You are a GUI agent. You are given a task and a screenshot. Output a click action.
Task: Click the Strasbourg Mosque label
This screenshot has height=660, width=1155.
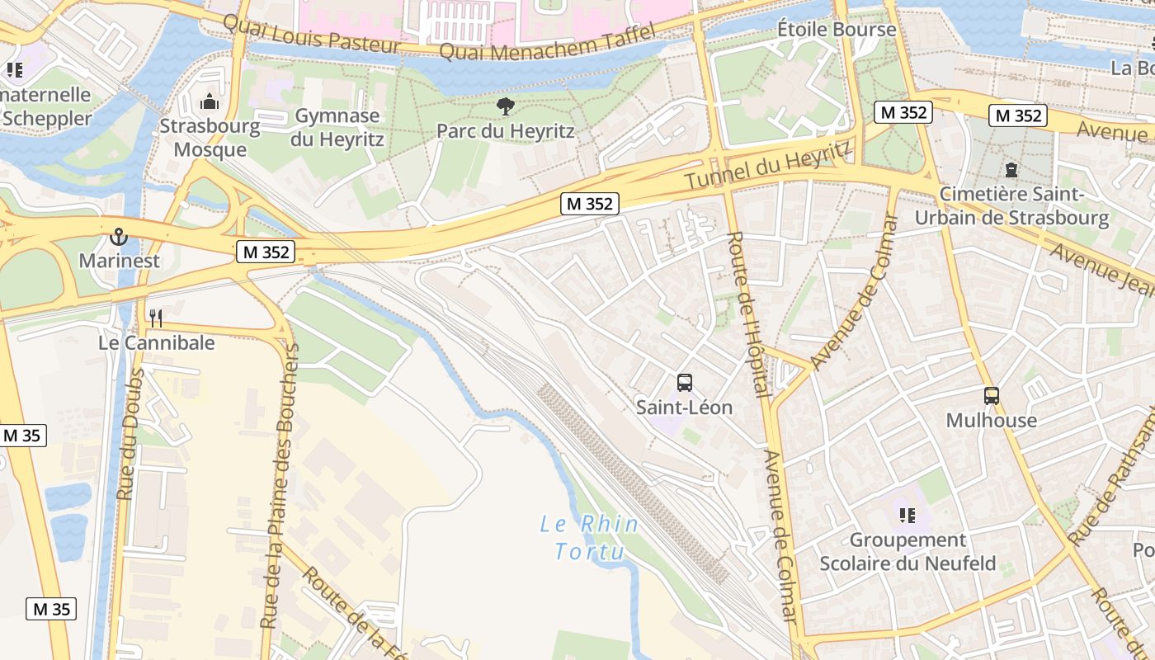click(210, 138)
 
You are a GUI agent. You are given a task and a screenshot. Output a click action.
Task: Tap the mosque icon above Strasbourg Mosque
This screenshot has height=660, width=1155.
click(210, 102)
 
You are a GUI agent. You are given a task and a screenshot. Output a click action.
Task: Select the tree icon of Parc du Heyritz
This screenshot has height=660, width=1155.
click(505, 106)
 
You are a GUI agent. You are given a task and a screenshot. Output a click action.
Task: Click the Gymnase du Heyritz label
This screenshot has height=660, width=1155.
click(337, 127)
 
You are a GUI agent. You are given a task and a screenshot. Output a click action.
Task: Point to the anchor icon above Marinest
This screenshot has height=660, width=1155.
click(119, 237)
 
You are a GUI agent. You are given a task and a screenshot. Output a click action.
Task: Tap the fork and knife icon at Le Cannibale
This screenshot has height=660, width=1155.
click(156, 318)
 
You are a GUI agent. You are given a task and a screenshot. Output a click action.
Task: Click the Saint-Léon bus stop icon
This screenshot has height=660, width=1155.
click(684, 383)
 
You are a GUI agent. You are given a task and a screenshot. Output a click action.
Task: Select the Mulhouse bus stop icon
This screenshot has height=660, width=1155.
click(991, 396)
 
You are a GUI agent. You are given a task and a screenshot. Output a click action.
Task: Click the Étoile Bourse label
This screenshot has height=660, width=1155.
click(836, 30)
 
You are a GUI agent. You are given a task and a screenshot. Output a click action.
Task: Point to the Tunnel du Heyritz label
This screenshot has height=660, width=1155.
click(768, 166)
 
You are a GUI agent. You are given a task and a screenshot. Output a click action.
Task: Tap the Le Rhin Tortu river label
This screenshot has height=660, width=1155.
click(589, 537)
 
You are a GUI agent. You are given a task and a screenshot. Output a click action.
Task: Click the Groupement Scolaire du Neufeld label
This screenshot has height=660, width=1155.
click(907, 552)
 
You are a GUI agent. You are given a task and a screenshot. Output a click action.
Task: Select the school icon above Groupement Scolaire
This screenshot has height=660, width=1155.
click(907, 516)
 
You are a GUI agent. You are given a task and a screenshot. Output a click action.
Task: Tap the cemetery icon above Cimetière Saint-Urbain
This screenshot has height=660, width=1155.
click(1011, 171)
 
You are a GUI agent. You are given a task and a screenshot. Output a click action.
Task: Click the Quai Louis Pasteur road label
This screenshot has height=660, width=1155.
click(311, 35)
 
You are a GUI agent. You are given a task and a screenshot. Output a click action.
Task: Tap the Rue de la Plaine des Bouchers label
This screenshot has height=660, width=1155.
click(279, 487)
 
